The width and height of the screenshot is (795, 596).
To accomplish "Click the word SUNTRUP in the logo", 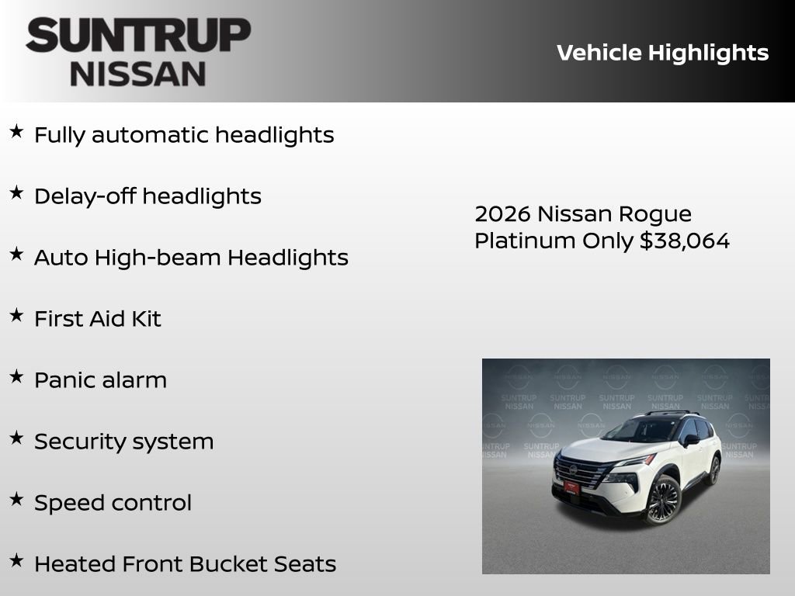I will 138,36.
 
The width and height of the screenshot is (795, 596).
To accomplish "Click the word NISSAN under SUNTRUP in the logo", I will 138,74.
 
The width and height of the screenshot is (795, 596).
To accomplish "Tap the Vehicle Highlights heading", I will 662,53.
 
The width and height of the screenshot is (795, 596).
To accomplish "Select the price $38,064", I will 685,241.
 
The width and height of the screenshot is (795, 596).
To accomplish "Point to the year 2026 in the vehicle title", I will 502,214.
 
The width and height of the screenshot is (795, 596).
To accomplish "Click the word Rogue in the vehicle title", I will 653,214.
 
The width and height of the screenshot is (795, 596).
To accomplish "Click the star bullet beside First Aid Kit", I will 16,315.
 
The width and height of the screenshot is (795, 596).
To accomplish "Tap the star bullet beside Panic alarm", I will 16,376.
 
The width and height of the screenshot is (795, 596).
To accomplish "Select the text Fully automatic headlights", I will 184,135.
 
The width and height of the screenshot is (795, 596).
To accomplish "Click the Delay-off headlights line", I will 148,196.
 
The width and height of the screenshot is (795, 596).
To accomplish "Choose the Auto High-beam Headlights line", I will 191,258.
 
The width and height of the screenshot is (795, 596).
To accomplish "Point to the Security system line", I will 123,442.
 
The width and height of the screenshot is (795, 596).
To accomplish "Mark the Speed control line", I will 113,503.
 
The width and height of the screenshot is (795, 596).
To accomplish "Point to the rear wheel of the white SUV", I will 713,470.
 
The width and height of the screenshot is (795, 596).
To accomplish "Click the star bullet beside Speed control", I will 16,499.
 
